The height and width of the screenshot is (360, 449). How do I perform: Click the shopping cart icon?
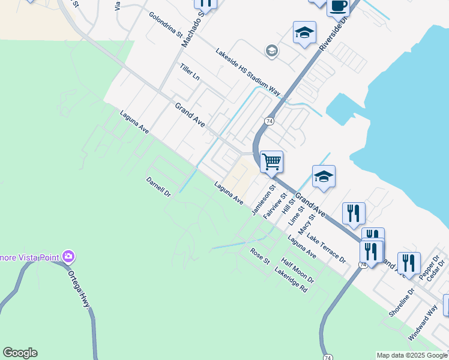[271, 161]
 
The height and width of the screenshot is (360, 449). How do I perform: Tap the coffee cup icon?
[338, 7]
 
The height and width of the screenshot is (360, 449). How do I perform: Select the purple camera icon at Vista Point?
[68, 257]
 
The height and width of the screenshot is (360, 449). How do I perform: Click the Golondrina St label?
[166, 25]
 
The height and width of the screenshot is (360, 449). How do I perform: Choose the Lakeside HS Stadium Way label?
[248, 71]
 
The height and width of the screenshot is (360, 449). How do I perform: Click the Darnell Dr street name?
[159, 187]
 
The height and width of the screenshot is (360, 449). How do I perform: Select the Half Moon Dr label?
[298, 271]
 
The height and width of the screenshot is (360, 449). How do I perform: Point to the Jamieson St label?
[262, 200]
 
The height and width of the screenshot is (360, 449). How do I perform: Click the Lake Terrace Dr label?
[326, 248]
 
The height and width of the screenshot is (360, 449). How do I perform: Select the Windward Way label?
[423, 324]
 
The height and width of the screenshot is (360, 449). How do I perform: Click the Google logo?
[20, 353]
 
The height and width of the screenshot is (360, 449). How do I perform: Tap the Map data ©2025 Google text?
[412, 355]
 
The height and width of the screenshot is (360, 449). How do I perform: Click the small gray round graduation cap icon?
[272, 50]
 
